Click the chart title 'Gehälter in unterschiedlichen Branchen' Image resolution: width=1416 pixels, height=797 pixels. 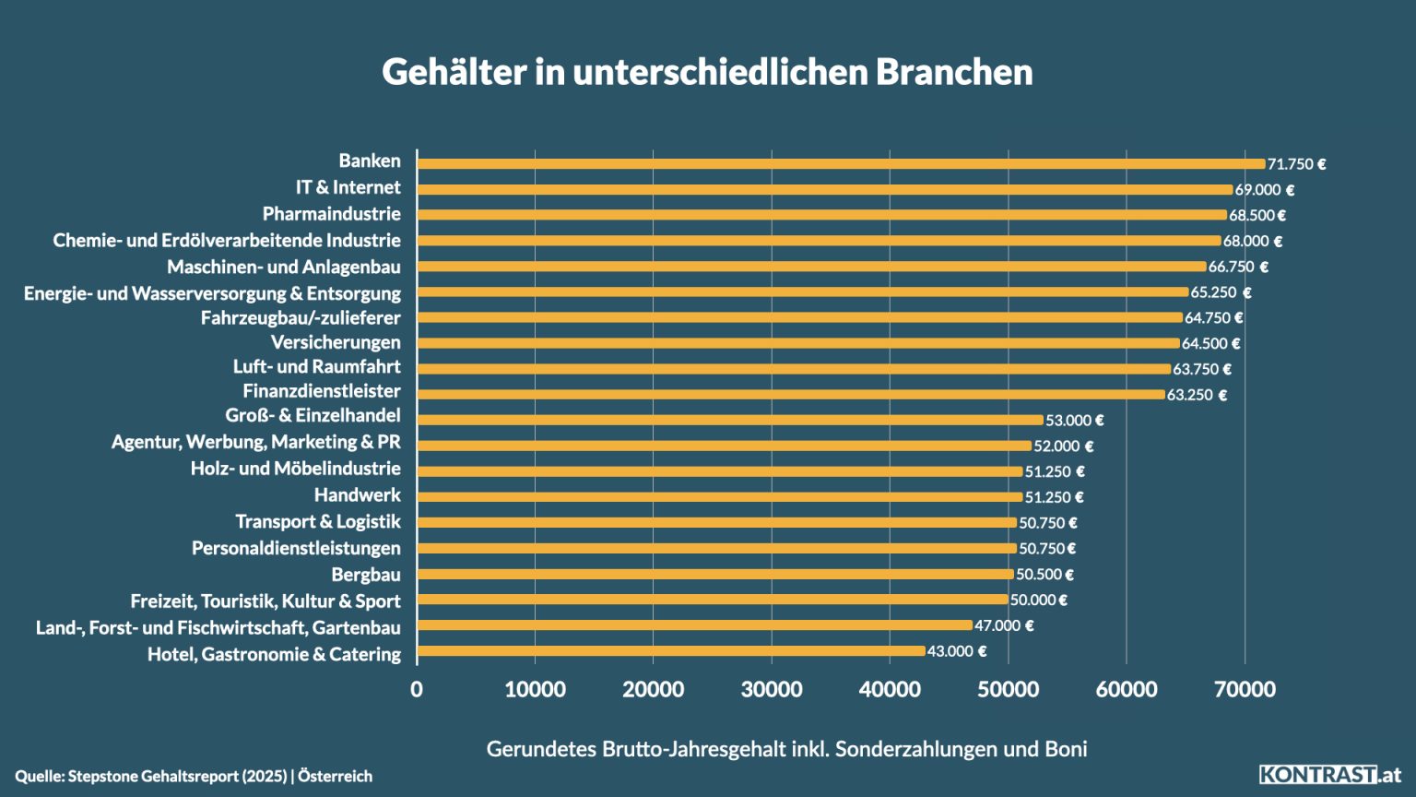707,72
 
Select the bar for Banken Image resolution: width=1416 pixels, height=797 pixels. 841,164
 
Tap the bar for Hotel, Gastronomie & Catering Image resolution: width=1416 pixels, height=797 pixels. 671,651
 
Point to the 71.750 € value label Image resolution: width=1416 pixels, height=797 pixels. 1296,164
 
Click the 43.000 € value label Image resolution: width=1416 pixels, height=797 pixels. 956,651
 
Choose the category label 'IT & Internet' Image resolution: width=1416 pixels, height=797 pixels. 348,187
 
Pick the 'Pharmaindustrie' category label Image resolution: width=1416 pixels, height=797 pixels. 331,214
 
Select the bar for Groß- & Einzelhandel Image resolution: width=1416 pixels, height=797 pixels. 730,420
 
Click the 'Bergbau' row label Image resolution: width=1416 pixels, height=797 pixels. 366,575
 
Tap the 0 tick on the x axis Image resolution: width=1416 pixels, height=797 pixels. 417,689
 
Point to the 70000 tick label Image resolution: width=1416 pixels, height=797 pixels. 1245,689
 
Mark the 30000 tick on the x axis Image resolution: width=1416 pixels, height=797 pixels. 772,689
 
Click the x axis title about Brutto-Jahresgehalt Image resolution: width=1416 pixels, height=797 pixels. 786,749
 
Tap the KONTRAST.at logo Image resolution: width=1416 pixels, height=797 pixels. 1329,775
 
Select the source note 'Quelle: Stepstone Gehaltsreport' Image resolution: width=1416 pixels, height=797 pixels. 194,776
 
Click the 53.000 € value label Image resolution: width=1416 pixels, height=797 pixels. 1074,421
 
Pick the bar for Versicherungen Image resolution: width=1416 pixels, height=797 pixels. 798,343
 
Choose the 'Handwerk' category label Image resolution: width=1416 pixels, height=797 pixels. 357,495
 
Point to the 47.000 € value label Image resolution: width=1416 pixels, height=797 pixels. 1004,625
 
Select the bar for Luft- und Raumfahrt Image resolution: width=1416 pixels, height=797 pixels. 794,369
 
